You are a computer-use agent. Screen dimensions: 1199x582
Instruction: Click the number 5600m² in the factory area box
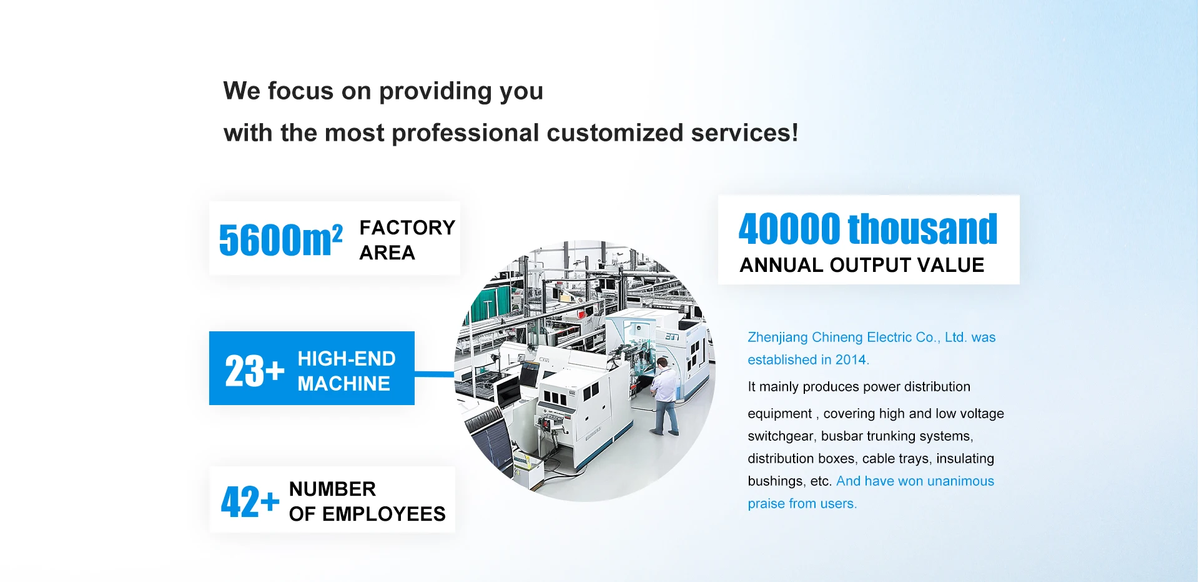coord(280,239)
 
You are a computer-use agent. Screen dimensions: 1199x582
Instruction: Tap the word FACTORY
coord(407,228)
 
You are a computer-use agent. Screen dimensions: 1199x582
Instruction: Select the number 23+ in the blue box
coord(255,371)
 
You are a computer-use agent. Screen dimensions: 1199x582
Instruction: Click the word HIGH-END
coord(347,359)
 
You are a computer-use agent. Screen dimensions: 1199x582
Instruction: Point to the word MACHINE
coord(343,383)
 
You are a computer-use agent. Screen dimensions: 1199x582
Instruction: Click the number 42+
coord(250,501)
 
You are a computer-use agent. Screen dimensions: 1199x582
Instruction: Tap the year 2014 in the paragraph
coord(851,359)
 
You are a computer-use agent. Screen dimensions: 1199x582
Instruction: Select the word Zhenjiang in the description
coord(777,338)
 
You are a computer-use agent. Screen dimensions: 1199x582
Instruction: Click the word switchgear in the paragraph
coord(781,436)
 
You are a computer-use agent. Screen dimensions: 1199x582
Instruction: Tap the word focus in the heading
coord(301,91)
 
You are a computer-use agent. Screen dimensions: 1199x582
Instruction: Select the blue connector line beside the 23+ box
coord(435,374)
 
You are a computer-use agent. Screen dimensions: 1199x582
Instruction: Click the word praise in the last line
coord(766,504)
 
